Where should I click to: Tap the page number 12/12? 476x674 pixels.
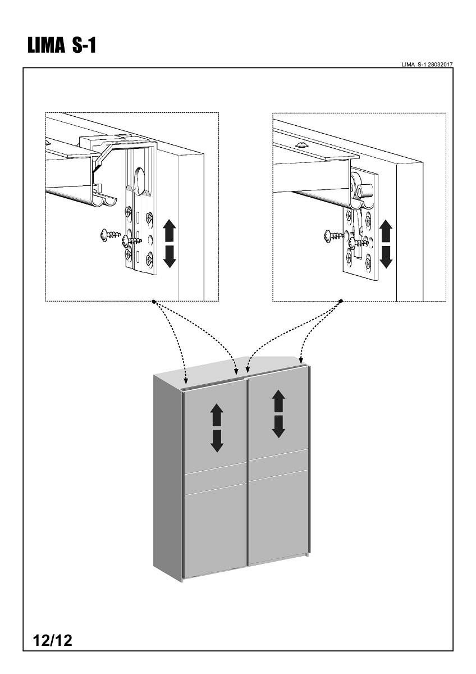(x=53, y=640)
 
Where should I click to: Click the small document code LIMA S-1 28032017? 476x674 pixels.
(x=427, y=65)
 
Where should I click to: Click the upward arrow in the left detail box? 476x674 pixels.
(x=170, y=231)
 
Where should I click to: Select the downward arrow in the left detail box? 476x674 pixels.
(x=170, y=256)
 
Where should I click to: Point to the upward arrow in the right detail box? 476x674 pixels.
(x=386, y=231)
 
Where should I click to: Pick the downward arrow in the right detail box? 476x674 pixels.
(x=386, y=256)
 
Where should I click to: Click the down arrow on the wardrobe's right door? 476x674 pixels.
(x=278, y=427)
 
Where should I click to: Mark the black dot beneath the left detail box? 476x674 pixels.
(x=154, y=302)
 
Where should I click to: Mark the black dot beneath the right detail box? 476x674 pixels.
(x=341, y=302)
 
